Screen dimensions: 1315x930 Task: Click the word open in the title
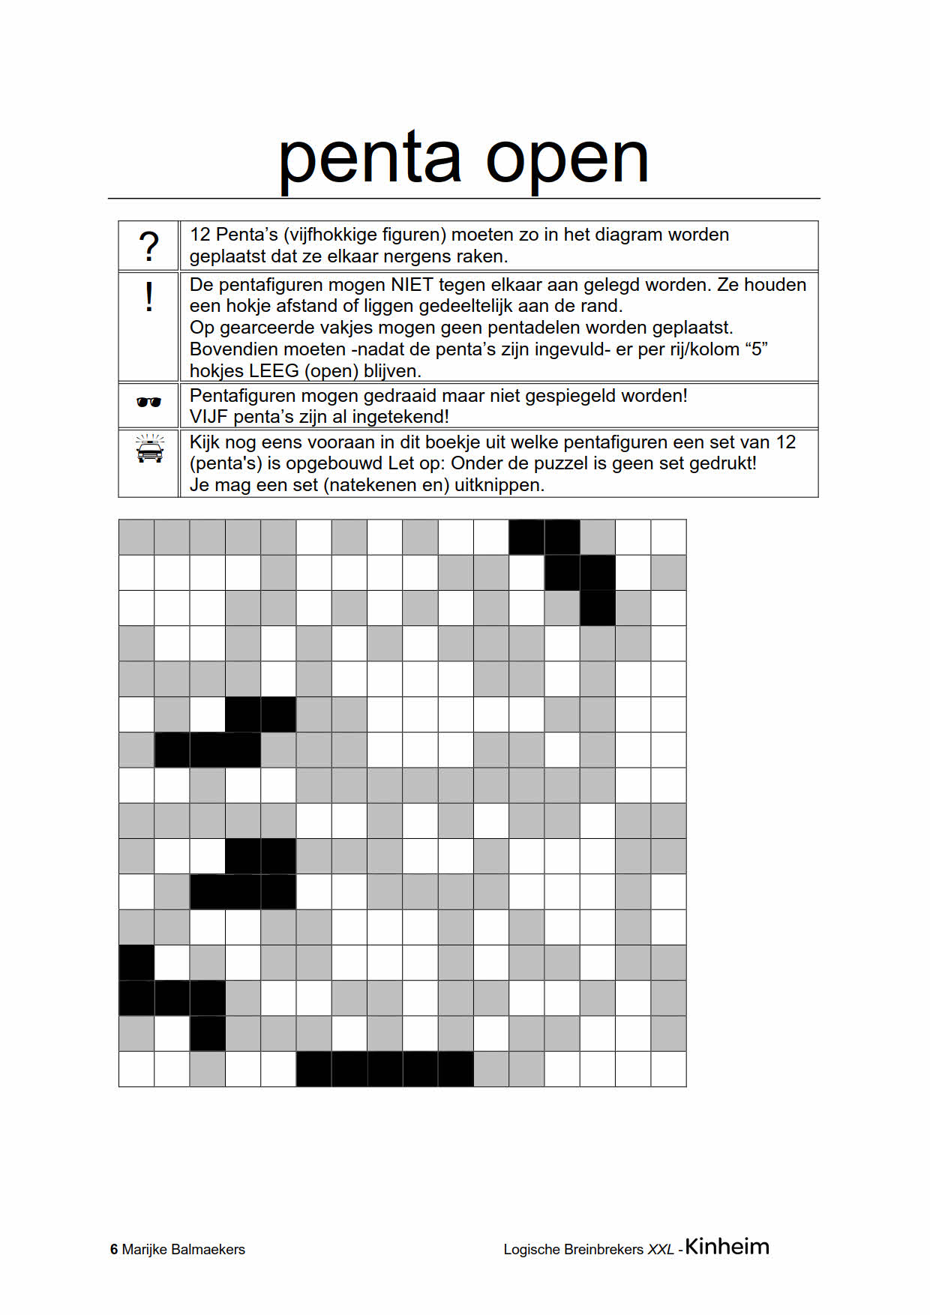pyautogui.click(x=567, y=160)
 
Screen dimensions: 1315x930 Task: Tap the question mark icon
pyautogui.click(x=149, y=246)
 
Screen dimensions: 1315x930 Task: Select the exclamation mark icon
pyautogui.click(x=149, y=298)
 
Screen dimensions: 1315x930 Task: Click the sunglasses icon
pyautogui.click(x=149, y=403)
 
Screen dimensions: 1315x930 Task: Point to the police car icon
pyautogui.click(x=149, y=450)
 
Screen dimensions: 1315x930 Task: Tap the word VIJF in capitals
pyautogui.click(x=209, y=417)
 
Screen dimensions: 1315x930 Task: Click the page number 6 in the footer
pyautogui.click(x=114, y=1250)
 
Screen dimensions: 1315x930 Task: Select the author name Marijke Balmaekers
pyautogui.click(x=184, y=1250)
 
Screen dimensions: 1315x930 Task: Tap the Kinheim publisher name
pyautogui.click(x=727, y=1247)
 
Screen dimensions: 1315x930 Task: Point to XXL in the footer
pyautogui.click(x=661, y=1250)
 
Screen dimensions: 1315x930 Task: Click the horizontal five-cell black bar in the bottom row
pyautogui.click(x=385, y=1069)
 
